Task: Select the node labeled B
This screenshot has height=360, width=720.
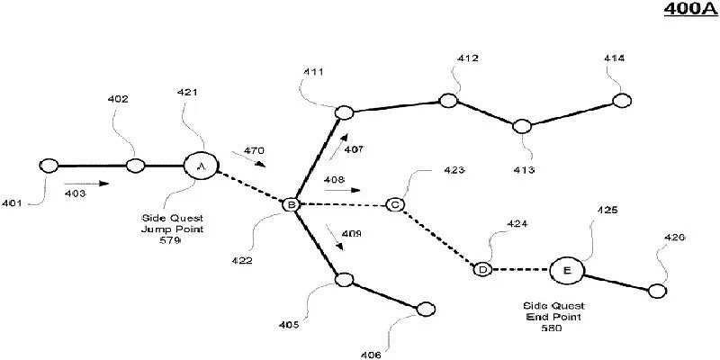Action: [291, 205]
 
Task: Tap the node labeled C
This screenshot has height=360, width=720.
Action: [394, 205]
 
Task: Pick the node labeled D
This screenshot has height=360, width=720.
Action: [483, 269]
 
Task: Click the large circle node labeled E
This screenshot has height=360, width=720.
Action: [567, 269]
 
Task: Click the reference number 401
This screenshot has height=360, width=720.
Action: [12, 202]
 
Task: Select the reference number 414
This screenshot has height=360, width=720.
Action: [614, 58]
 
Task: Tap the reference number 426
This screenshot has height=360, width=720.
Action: [675, 238]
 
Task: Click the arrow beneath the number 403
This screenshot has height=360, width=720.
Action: [90, 184]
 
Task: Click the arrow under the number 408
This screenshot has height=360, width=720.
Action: [346, 191]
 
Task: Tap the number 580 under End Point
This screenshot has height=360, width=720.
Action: [553, 328]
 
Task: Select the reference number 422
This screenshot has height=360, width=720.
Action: [240, 261]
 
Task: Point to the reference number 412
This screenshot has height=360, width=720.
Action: [467, 58]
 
